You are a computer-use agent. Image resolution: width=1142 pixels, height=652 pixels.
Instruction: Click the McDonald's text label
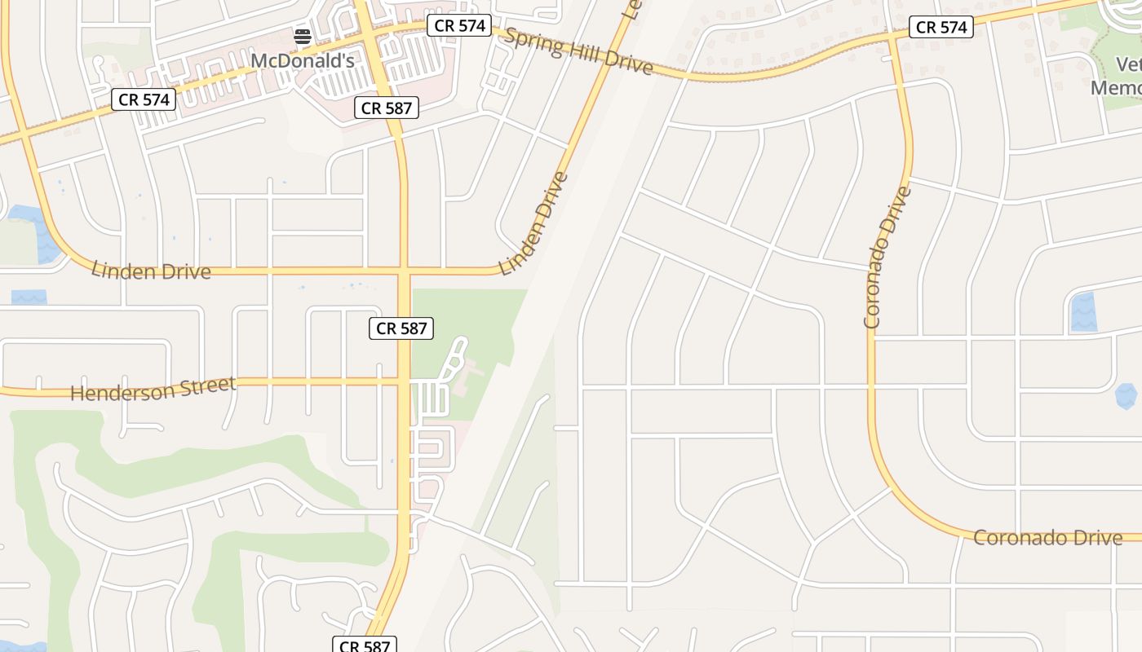coord(302,60)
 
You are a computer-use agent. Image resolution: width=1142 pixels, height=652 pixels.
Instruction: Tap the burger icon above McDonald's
coord(303,36)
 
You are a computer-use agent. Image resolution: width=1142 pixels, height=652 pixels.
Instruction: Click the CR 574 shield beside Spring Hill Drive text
coord(460,25)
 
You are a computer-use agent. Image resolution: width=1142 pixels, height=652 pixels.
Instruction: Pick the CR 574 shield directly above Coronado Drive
coord(941,27)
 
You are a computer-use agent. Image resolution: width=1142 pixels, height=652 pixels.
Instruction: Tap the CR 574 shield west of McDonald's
coord(144,99)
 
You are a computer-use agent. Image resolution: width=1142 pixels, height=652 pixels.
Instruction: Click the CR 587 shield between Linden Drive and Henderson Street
coord(401,328)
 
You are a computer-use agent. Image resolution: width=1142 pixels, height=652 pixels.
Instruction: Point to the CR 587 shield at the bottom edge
coord(365,645)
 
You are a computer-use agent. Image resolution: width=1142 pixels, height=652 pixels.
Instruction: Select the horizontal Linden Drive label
coord(151,271)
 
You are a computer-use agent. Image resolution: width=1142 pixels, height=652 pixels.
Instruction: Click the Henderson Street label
coord(153,389)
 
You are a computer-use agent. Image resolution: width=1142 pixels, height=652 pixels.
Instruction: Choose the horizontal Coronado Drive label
coord(1047,538)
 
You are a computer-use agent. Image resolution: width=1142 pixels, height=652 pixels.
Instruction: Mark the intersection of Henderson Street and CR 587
coord(404,381)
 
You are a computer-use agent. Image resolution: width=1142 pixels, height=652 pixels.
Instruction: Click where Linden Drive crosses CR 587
coord(404,271)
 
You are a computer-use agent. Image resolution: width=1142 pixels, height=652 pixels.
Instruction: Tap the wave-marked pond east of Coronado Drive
coord(1082,313)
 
